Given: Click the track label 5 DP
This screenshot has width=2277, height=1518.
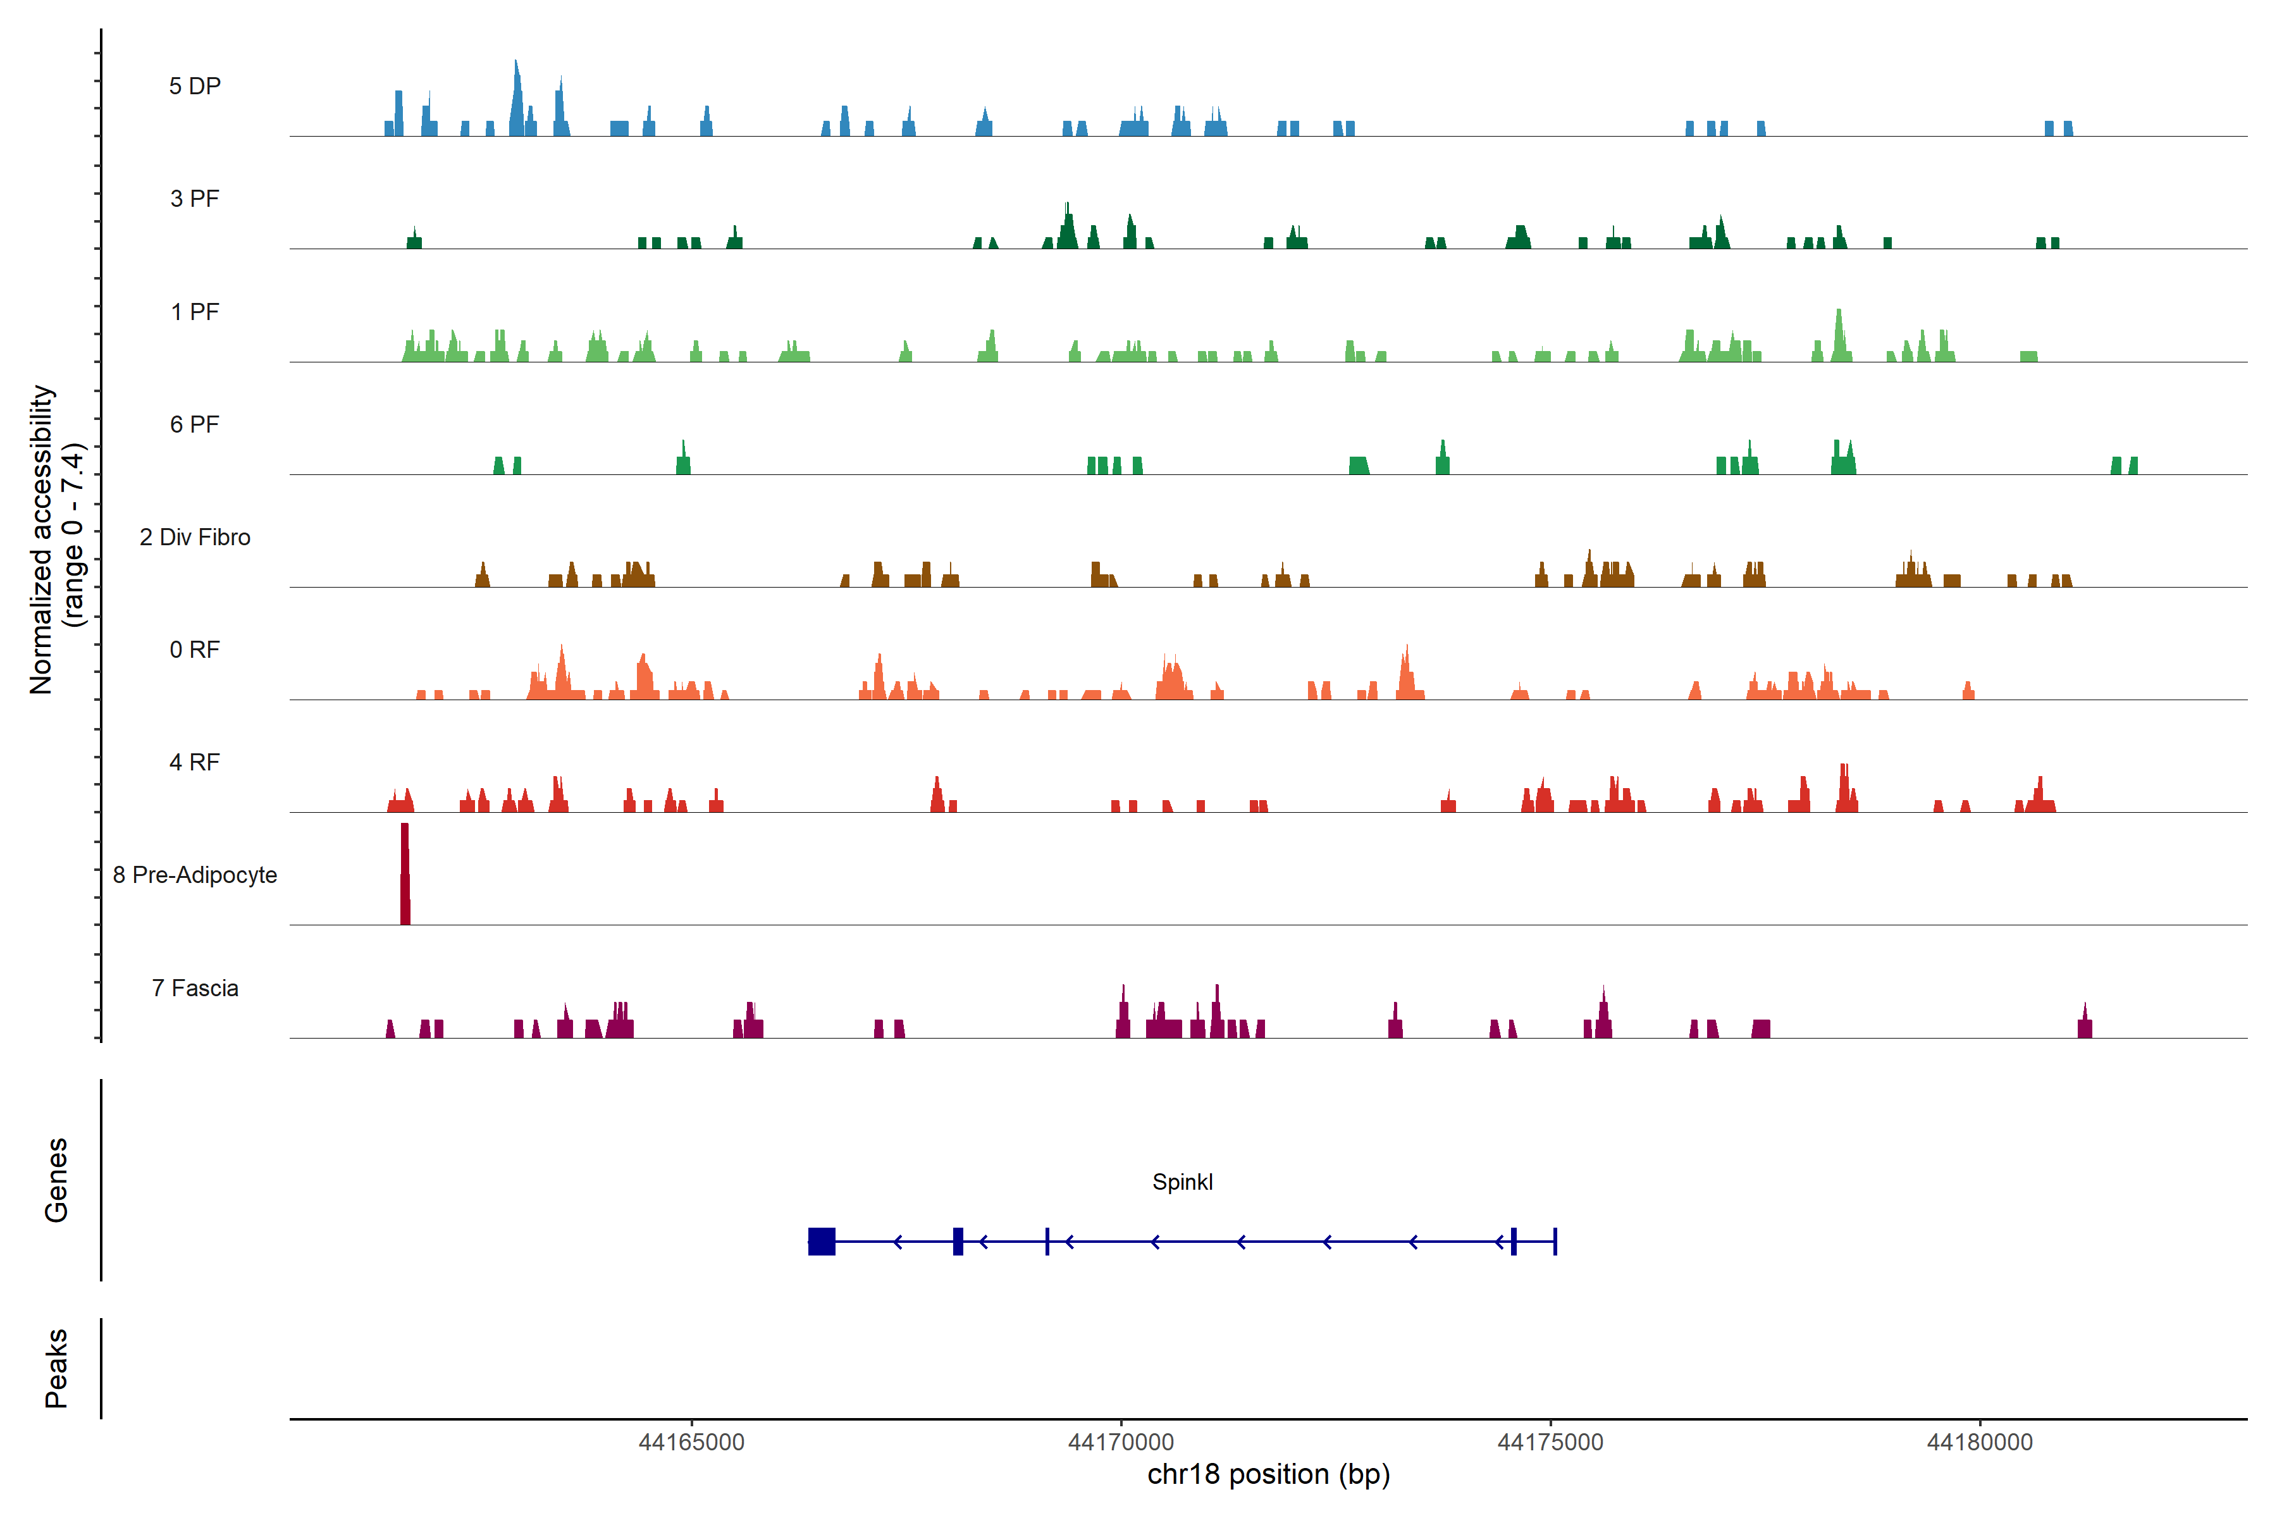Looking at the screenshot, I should (195, 86).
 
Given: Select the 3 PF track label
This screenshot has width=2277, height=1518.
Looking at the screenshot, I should (195, 199).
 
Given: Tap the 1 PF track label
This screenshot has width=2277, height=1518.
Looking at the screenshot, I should (195, 312).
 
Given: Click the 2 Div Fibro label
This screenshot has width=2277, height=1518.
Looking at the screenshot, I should (195, 537).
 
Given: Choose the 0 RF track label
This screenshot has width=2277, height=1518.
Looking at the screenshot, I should (195, 650).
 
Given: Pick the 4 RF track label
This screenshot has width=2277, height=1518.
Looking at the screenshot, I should (195, 762).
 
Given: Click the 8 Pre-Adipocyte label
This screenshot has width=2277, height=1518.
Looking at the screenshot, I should (195, 875).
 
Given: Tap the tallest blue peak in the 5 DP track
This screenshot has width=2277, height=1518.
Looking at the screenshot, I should (517, 97).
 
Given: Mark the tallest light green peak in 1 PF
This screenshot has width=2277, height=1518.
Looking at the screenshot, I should (1839, 334).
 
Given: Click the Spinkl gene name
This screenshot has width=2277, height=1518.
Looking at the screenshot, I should (1182, 1182).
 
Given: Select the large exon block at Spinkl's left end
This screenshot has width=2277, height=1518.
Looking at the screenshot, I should (822, 1241).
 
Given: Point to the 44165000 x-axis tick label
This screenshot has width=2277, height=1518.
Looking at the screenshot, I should (692, 1443).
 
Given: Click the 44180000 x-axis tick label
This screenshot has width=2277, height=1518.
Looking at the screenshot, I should (1980, 1443).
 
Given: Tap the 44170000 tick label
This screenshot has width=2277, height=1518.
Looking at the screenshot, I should (1121, 1443).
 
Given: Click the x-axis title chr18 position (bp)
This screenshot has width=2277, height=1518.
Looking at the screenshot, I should (1268, 1474).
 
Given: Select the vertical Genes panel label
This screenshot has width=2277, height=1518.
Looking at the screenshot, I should (56, 1180).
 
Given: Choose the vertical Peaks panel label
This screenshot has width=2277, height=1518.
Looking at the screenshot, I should (56, 1368).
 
